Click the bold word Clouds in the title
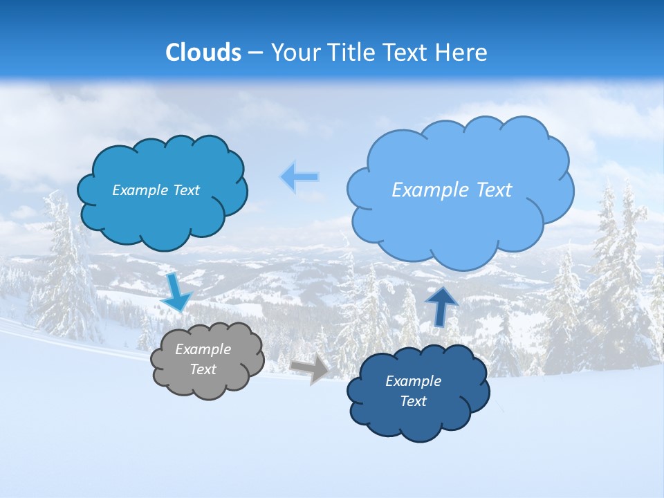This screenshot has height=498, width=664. (x=203, y=52)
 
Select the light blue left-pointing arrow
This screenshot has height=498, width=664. (x=299, y=177)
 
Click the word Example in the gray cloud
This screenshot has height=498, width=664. (x=203, y=349)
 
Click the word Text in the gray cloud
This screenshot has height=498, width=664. (x=203, y=369)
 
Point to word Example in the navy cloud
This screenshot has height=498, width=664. (x=413, y=381)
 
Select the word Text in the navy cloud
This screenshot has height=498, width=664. (x=413, y=401)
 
